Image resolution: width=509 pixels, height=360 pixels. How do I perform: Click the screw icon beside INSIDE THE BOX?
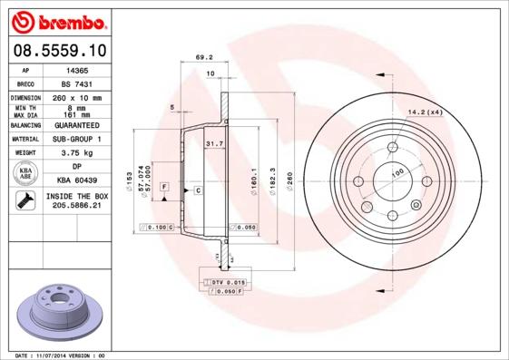(22, 200)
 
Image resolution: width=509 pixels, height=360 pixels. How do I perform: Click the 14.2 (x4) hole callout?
(425, 112)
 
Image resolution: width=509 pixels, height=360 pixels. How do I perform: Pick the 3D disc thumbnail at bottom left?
(54, 311)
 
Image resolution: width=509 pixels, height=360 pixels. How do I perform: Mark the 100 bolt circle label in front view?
(396, 171)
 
